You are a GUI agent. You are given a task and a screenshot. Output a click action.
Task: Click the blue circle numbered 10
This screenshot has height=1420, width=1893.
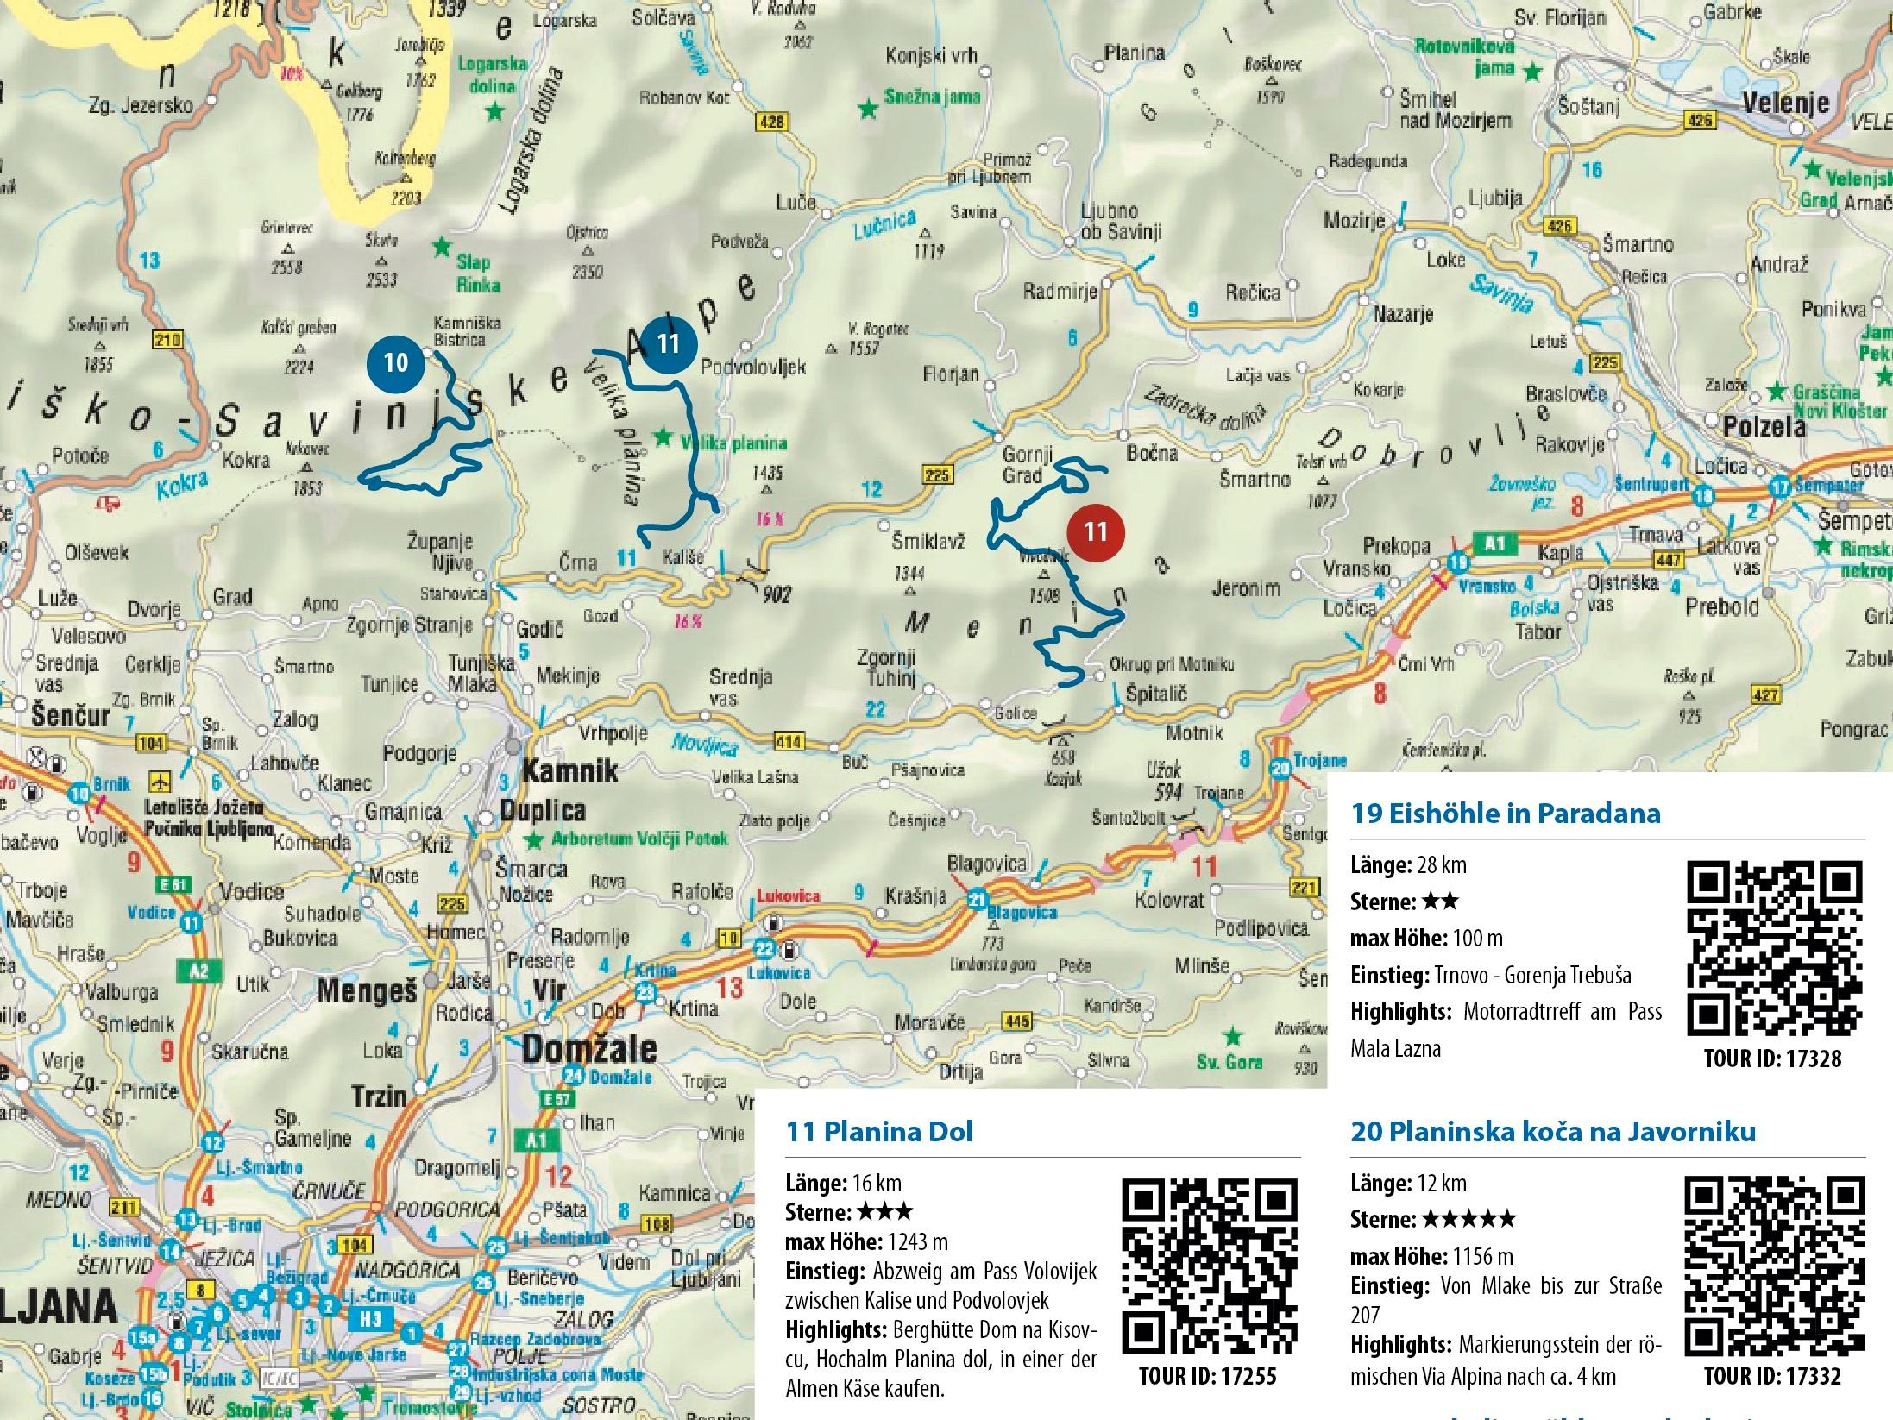[395, 361]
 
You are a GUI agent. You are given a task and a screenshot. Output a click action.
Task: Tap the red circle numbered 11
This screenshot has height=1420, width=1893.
[1096, 531]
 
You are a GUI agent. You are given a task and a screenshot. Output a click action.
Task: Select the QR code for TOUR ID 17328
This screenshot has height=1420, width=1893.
[1773, 949]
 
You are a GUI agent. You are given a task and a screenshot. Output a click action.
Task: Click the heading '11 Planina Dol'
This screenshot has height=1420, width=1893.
[879, 1132]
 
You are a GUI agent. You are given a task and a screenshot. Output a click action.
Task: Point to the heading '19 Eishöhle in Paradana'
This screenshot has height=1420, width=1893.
[1506, 813]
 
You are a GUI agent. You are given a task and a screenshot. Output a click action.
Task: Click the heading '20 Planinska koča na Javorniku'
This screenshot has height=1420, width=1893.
[1553, 1131]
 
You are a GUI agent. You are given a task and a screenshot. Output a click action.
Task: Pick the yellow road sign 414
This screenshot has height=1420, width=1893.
[789, 742]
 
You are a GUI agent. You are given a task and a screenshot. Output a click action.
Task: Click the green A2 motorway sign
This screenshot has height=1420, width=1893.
[199, 971]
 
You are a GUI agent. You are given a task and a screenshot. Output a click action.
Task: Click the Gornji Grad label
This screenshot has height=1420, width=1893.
[1023, 464]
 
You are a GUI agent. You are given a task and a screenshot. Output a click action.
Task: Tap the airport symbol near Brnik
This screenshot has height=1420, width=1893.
[160, 782]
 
